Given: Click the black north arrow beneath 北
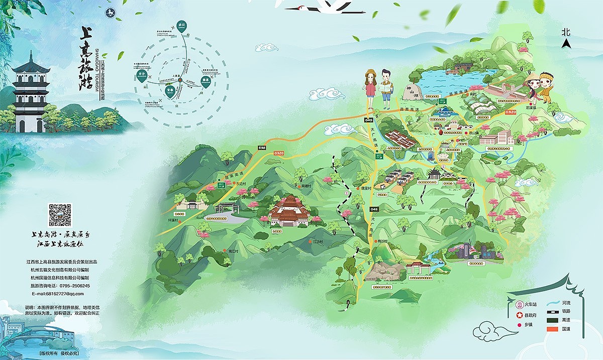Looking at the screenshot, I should point(566,44).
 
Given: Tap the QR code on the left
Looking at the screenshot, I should point(60,215).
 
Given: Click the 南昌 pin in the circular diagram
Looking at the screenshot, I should point(205,81).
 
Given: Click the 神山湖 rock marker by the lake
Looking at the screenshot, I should point(411,92).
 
